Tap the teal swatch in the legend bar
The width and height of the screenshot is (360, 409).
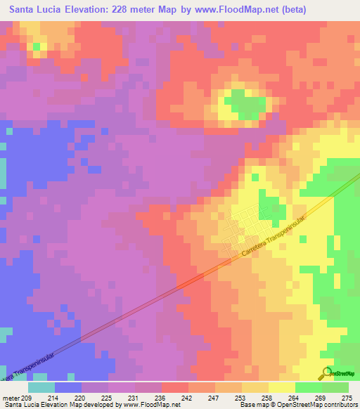pos(41,387)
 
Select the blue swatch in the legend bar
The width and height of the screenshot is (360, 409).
pos(68,387)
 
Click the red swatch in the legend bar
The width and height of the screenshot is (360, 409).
pos(174,387)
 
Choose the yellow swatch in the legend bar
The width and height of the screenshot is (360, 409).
pos(281,387)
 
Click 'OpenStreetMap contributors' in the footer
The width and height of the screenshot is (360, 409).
pos(319,405)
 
